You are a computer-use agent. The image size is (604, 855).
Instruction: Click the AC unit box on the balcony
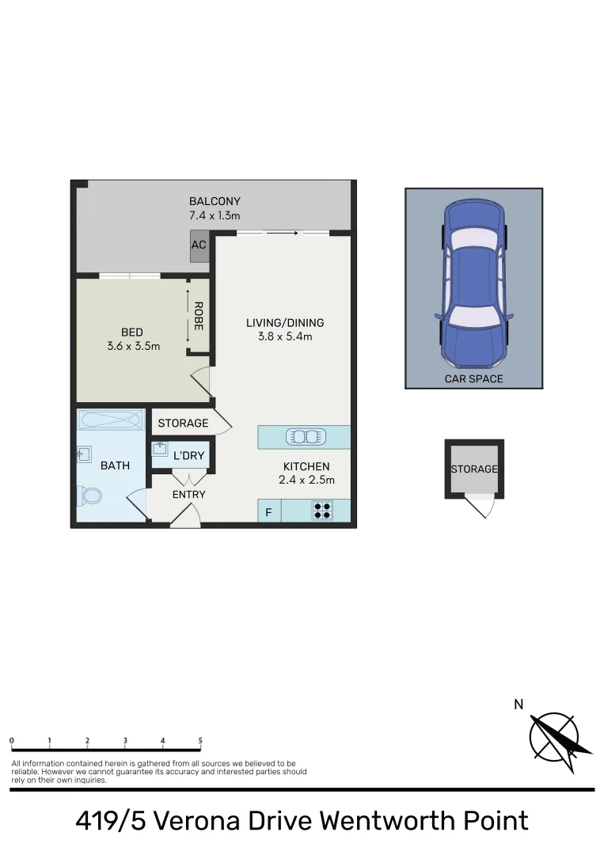199,245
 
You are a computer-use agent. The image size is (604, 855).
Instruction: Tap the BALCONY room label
215,201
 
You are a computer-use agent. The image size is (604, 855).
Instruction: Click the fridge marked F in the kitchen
268,512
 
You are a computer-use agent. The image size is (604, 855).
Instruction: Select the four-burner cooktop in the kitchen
322,511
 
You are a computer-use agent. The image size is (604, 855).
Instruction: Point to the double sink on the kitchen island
305,436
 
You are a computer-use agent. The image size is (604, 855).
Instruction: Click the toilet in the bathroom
91,496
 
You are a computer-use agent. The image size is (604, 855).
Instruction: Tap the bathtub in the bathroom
111,419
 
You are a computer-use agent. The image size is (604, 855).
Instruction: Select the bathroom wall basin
85,454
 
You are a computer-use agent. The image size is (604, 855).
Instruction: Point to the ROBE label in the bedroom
198,315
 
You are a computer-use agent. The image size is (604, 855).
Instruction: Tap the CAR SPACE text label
473,379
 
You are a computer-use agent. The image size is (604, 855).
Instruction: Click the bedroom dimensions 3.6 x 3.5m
134,346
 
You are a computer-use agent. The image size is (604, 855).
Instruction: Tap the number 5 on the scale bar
200,741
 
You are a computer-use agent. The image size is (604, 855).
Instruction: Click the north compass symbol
559,735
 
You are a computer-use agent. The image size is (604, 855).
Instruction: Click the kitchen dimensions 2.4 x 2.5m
306,480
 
